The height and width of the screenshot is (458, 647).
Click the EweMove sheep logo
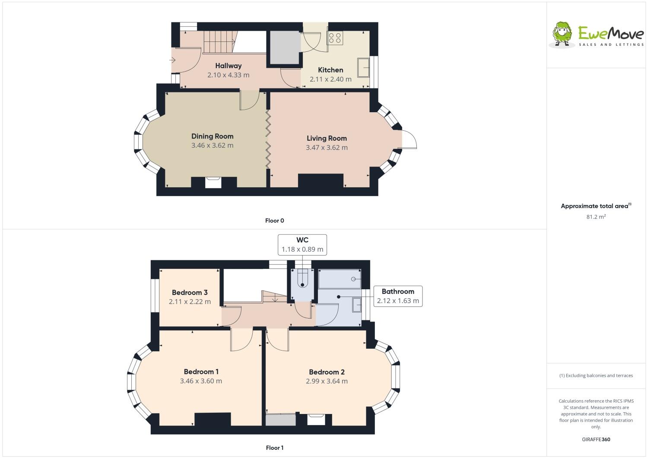pyautogui.click(x=562, y=33)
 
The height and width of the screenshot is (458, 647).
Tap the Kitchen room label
pyautogui.click(x=330, y=70)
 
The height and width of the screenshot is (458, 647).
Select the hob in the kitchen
pyautogui.click(x=335, y=38)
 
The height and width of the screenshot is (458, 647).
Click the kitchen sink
pyautogui.click(x=363, y=68)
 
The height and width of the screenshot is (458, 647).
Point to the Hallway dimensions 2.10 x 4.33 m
pyautogui.click(x=228, y=75)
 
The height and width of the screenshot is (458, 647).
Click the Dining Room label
pyautogui.click(x=212, y=136)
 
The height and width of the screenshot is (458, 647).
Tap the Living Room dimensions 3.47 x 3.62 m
pyautogui.click(x=327, y=148)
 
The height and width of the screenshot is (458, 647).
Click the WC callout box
pyautogui.click(x=302, y=245)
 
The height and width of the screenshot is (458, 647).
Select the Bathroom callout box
pyautogui.click(x=398, y=296)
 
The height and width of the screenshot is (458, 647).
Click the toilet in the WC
pyautogui.click(x=302, y=279)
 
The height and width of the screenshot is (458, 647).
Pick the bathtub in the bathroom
pyautogui.click(x=339, y=279)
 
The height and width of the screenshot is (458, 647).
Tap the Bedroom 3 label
pyautogui.click(x=190, y=293)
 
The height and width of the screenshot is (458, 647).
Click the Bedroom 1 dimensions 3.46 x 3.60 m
pyautogui.click(x=201, y=381)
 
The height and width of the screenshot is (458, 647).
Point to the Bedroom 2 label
pyautogui.click(x=327, y=372)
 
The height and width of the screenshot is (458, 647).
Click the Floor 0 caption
pyautogui.click(x=275, y=221)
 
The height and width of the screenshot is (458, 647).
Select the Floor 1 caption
pyautogui.click(x=275, y=448)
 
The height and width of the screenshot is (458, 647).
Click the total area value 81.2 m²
pyautogui.click(x=596, y=217)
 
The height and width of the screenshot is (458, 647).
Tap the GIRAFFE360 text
pyautogui.click(x=596, y=439)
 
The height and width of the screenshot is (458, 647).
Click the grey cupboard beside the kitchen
pyautogui.click(x=285, y=47)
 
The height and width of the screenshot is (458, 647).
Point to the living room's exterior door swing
pyautogui.click(x=409, y=139)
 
